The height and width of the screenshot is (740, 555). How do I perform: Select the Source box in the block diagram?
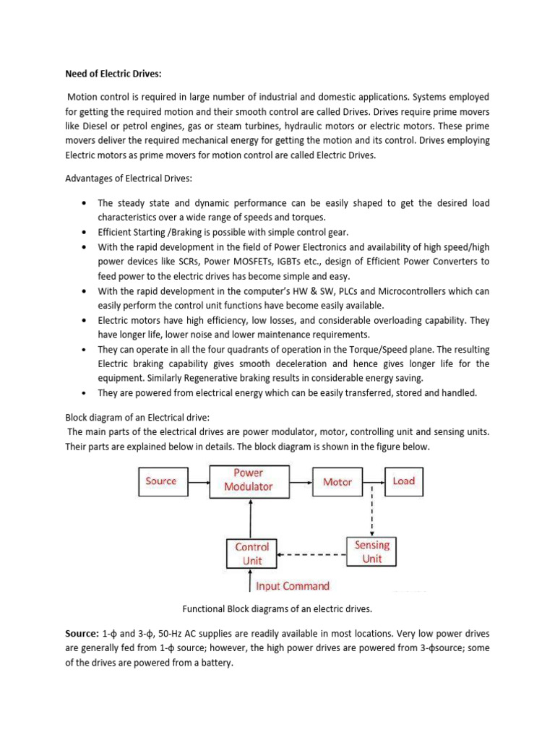(161, 481)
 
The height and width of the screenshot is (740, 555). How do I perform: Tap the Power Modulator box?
(248, 480)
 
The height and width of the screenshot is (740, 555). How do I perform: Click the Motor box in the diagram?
(337, 481)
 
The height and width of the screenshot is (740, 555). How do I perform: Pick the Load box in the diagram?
(403, 481)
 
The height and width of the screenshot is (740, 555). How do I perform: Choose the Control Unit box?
(252, 554)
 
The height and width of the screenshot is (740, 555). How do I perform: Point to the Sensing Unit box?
(372, 552)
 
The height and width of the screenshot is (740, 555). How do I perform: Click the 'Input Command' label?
(293, 586)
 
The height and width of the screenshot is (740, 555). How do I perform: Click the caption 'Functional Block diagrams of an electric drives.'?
(277, 609)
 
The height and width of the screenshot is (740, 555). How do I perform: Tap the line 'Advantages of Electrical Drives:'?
(125, 179)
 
